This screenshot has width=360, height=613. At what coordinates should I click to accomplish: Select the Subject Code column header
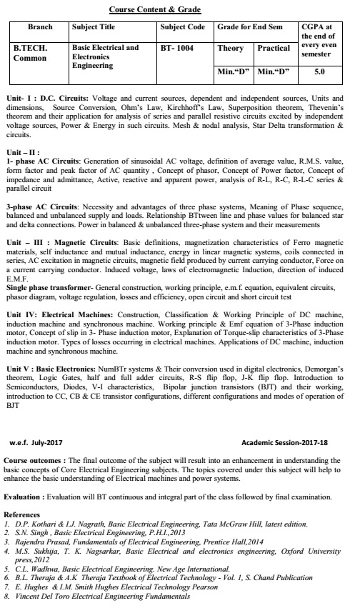point(184,26)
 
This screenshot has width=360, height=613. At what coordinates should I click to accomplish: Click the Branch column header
point(40,26)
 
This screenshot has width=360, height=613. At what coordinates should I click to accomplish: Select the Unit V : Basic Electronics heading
point(56,365)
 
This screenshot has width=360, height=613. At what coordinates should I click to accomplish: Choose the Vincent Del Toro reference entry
point(101,595)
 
